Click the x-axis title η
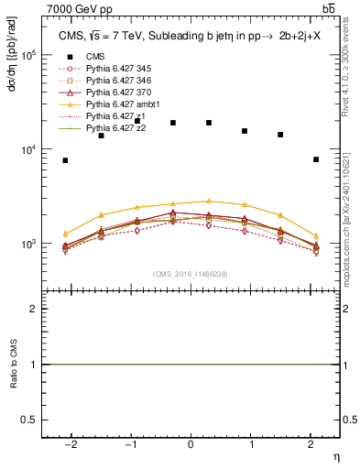[x=335, y=454]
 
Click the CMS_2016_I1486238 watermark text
[x=191, y=274]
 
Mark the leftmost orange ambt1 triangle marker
[x=65, y=234]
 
